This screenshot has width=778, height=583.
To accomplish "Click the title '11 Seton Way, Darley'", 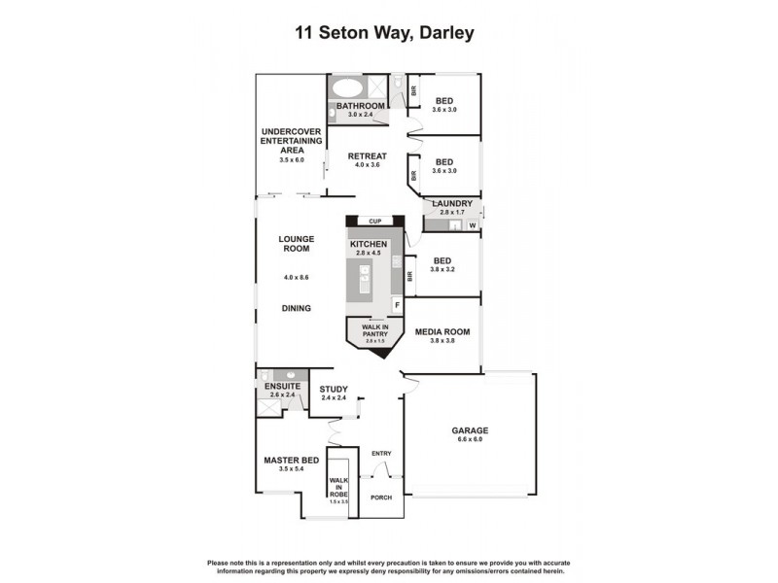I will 384,34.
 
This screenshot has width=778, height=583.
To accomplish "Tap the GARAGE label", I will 469,430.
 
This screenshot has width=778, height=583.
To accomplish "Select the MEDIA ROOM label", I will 442,332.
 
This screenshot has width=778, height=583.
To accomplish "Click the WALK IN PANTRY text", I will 375,331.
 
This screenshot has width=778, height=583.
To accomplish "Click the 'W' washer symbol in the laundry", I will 473,225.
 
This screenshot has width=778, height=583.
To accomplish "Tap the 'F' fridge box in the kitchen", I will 396,305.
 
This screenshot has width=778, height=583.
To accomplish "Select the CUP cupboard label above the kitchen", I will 373,222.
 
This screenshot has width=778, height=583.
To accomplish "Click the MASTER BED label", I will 291,461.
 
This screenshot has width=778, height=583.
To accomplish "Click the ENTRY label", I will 380,454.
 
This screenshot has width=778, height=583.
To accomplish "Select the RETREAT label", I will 368,156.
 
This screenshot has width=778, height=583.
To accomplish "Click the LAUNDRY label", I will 452,203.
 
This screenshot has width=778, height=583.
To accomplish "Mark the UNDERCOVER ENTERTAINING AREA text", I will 285,141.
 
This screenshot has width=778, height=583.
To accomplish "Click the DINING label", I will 296,309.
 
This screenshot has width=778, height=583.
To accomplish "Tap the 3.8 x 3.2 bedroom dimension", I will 443,269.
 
